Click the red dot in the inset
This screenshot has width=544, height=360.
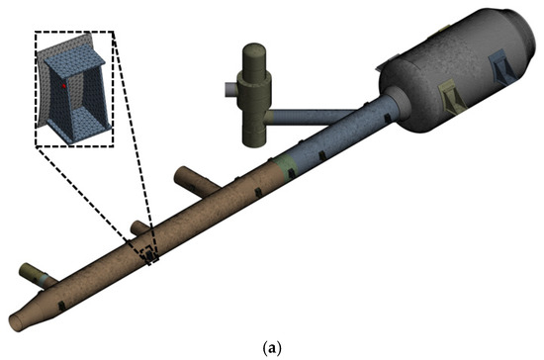click(x=64, y=86)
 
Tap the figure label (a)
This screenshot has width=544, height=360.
click(x=272, y=348)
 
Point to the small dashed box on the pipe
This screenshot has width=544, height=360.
click(x=149, y=255)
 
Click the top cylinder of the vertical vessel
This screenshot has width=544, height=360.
click(x=254, y=58)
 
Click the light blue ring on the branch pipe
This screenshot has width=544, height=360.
click(x=44, y=279)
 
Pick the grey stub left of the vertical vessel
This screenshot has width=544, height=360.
click(x=230, y=90)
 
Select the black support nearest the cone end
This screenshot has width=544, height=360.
click(x=62, y=306)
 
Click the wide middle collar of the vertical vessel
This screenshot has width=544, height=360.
click(x=254, y=89)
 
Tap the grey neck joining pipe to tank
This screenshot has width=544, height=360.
click(x=395, y=103)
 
